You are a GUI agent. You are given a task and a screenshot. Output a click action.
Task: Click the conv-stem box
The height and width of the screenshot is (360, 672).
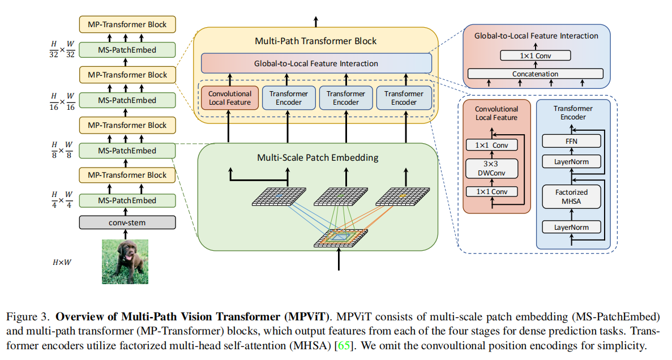pyautogui.click(x=127, y=222)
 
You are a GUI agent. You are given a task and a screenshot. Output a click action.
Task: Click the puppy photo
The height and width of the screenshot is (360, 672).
pyautogui.click(x=125, y=261)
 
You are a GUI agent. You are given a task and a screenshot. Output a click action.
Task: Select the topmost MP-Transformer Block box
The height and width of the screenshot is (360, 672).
pyautogui.click(x=127, y=24)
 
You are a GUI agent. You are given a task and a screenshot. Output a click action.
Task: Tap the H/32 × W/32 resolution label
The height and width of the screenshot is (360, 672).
pyautogui.click(x=62, y=49)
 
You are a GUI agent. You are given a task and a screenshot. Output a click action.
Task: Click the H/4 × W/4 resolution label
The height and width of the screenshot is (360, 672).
pyautogui.click(x=62, y=200)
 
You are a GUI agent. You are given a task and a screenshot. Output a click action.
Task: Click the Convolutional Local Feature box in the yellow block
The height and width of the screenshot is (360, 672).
pyautogui.click(x=230, y=98)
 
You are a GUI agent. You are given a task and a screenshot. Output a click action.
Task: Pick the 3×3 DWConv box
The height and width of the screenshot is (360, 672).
pyautogui.click(x=491, y=168)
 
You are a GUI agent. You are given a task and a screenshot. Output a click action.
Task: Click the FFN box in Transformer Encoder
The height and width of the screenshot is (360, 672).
pyautogui.click(x=573, y=140)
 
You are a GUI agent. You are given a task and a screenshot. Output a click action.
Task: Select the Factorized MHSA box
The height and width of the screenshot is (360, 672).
pyautogui.click(x=572, y=197)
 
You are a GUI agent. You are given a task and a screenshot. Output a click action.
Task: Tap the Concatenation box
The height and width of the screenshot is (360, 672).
pyautogui.click(x=535, y=74)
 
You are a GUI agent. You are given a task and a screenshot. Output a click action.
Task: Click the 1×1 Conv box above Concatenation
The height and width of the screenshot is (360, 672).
pyautogui.click(x=535, y=55)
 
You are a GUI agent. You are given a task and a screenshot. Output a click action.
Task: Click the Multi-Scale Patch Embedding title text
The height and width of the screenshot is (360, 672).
pyautogui.click(x=318, y=157)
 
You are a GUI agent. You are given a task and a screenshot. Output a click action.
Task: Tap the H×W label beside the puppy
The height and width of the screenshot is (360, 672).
pyautogui.click(x=61, y=262)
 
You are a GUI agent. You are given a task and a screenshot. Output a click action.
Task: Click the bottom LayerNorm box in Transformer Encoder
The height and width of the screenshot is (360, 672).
pyautogui.click(x=572, y=228)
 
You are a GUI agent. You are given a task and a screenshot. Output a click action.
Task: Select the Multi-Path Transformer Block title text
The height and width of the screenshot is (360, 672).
pyautogui.click(x=316, y=41)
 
